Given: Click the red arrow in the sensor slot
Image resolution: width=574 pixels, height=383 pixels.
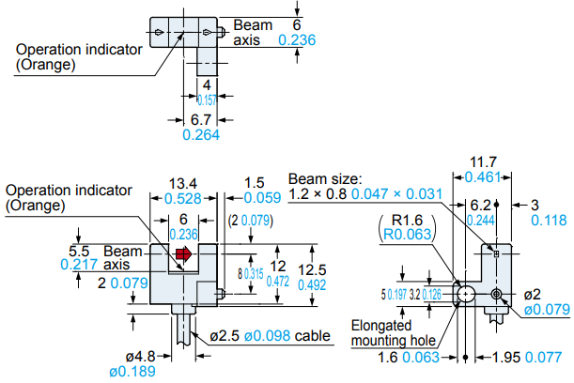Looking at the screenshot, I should (x=184, y=253).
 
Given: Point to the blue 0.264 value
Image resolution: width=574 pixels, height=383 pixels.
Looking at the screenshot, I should (x=199, y=135).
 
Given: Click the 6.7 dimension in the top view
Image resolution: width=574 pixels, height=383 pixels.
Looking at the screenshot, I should (x=199, y=120).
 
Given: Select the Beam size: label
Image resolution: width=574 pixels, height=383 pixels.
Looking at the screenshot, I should (x=325, y=178).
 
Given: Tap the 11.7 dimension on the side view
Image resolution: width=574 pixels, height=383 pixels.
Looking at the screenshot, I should (x=483, y=161).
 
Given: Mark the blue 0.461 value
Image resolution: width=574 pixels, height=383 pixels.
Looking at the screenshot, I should (x=483, y=176).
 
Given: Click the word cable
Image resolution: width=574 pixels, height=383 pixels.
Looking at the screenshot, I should (x=315, y=336).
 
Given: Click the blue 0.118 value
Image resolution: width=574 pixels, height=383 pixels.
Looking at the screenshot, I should (x=550, y=220).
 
